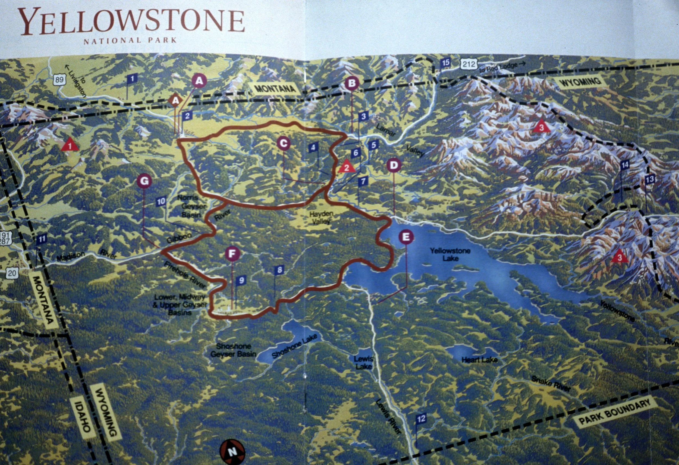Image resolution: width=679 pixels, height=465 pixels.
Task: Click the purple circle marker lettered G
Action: click(x=144, y=181)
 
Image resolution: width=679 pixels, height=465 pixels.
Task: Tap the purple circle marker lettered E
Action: click(x=406, y=237)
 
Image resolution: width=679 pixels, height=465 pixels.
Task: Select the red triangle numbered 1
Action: click(x=70, y=145)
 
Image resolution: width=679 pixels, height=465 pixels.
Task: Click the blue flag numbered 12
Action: click(x=421, y=419)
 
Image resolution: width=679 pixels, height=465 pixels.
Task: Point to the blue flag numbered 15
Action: click(x=445, y=62)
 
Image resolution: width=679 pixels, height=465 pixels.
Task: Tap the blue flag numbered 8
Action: click(x=279, y=270)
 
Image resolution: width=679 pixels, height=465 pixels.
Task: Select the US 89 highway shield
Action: click(x=59, y=80)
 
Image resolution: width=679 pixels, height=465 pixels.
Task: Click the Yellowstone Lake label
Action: click(x=450, y=254)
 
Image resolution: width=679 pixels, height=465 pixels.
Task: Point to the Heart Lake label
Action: click(x=479, y=360)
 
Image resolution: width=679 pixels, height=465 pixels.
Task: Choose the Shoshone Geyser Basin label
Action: click(x=233, y=350)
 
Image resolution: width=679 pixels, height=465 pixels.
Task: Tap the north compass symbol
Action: click(x=232, y=452)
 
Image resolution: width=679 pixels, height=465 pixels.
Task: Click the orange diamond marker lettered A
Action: click(x=175, y=100)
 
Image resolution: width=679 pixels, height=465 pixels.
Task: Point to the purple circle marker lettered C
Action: click(x=283, y=143)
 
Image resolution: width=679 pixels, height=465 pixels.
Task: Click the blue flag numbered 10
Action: click(x=161, y=201)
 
